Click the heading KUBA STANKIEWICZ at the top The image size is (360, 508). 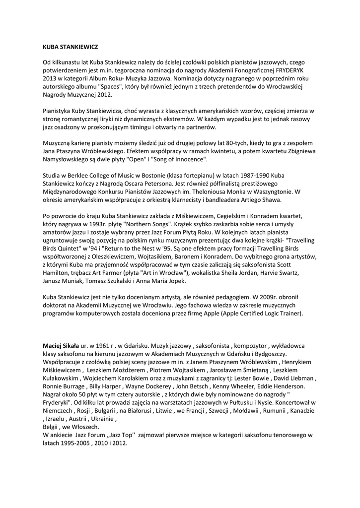coord(70,47)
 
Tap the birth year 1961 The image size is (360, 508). coord(104,345)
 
